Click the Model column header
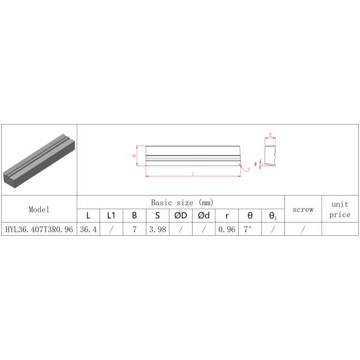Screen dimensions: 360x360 [x=39, y=209]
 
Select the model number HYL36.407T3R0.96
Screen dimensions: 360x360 [x=39, y=229]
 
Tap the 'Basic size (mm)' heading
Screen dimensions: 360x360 [x=182, y=203]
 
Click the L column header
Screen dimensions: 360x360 [x=88, y=215]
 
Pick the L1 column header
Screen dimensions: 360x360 [x=112, y=215]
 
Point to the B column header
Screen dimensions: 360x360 [x=134, y=215]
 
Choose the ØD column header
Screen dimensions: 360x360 [x=181, y=215]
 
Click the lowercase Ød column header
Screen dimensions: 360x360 [x=204, y=215]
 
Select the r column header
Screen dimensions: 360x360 [x=227, y=216]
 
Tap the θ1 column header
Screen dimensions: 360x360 [x=273, y=216]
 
